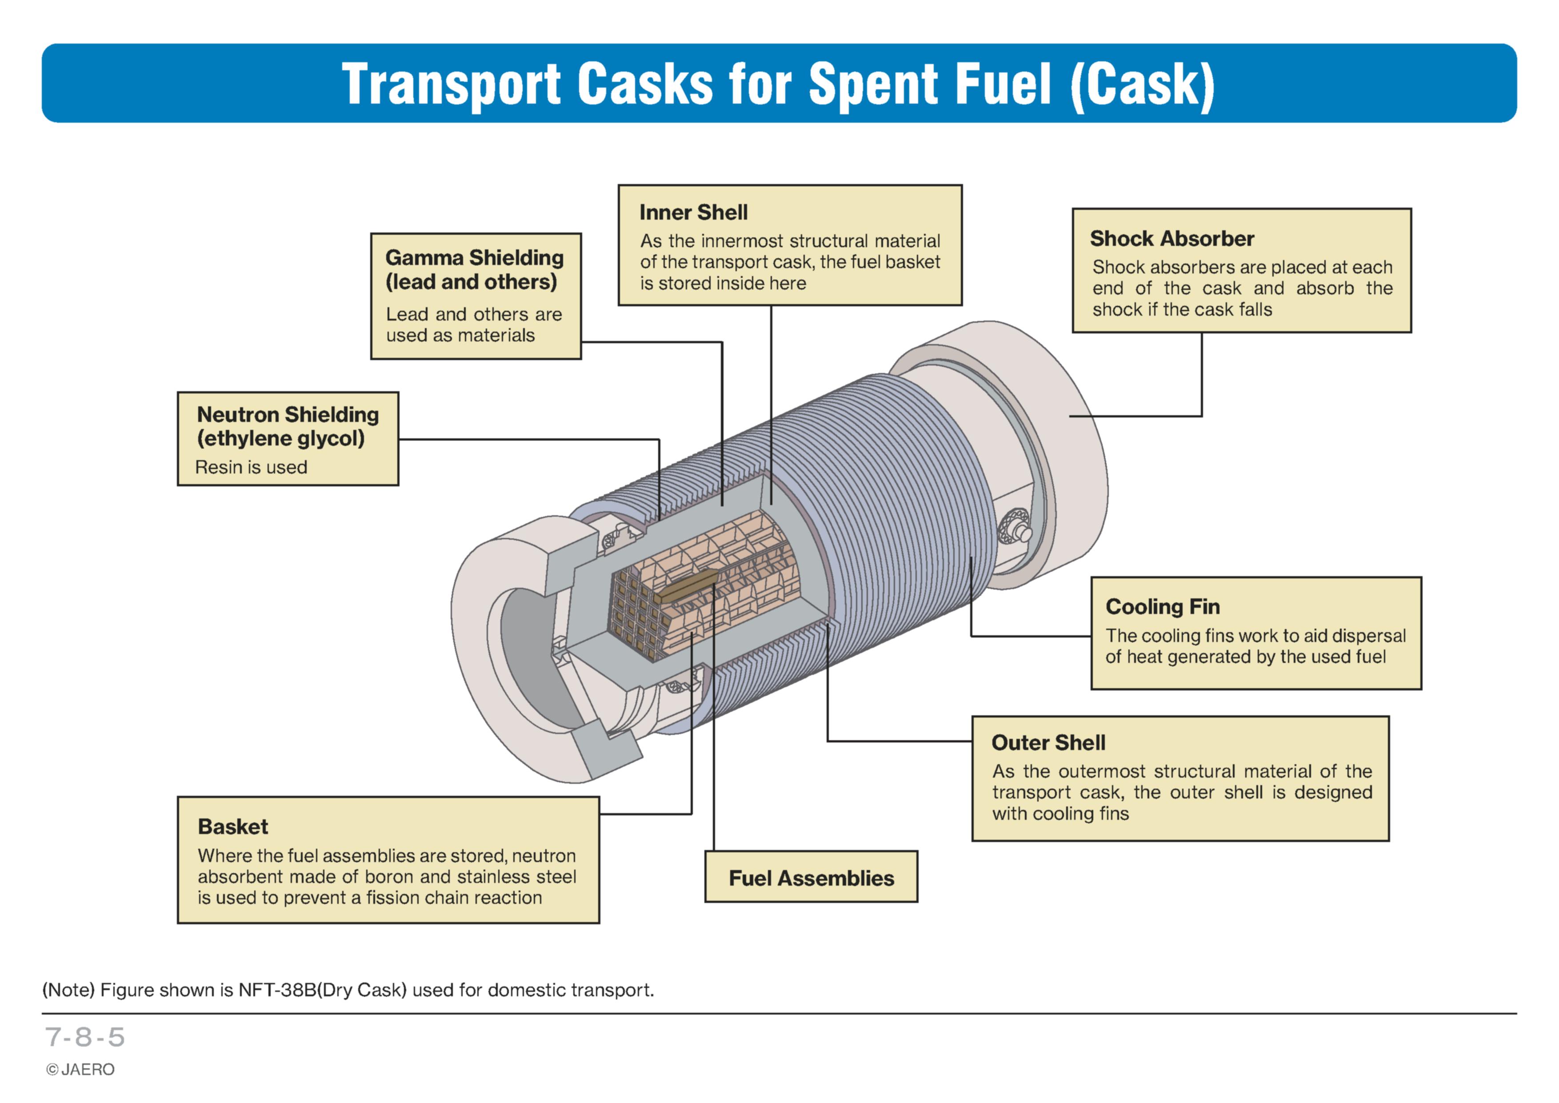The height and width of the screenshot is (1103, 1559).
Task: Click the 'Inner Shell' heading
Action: point(693,213)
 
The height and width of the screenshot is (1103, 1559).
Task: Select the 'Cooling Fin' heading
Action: point(1163,606)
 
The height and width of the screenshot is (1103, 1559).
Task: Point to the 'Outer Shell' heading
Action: point(1048,742)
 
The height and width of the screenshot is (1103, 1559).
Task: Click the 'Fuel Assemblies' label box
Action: point(811,877)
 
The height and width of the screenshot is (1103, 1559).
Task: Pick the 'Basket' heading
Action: point(233,826)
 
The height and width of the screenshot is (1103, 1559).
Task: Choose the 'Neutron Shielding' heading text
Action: point(288,414)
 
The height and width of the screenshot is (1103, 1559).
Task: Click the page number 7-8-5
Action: point(85,1037)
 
